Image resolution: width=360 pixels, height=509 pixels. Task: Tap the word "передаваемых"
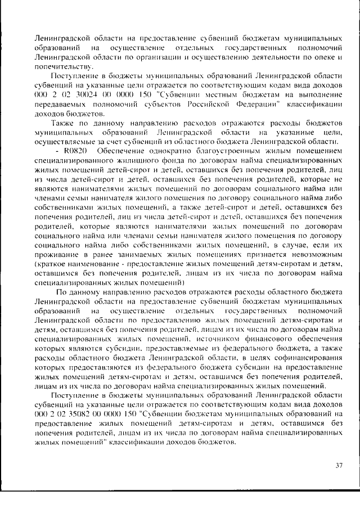pyautogui.click(x=61, y=105)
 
